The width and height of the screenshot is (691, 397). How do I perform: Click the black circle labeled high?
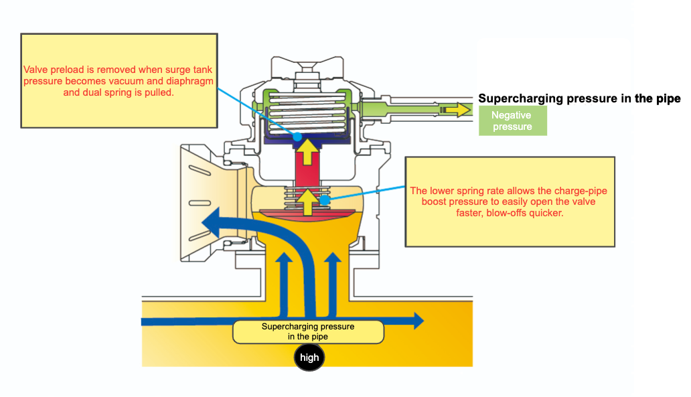point(309,358)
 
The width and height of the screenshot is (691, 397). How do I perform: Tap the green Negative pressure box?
point(512,121)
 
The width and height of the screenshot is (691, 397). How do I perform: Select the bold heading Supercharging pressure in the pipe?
point(579,98)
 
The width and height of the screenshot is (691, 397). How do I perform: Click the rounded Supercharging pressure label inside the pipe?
point(308,331)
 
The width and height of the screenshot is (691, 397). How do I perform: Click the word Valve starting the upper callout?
point(35,70)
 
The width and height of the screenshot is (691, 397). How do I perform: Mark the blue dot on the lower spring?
point(325,199)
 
